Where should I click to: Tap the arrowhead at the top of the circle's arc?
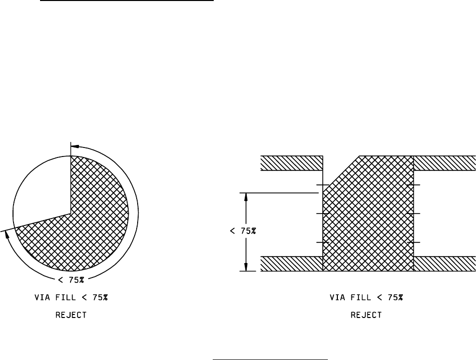point(75,146)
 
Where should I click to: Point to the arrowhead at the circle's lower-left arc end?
point(8,235)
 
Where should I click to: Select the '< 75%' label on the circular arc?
point(71,280)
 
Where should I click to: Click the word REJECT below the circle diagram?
point(71,315)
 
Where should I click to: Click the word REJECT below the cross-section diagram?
point(366,315)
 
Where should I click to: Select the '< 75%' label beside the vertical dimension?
point(243,231)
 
